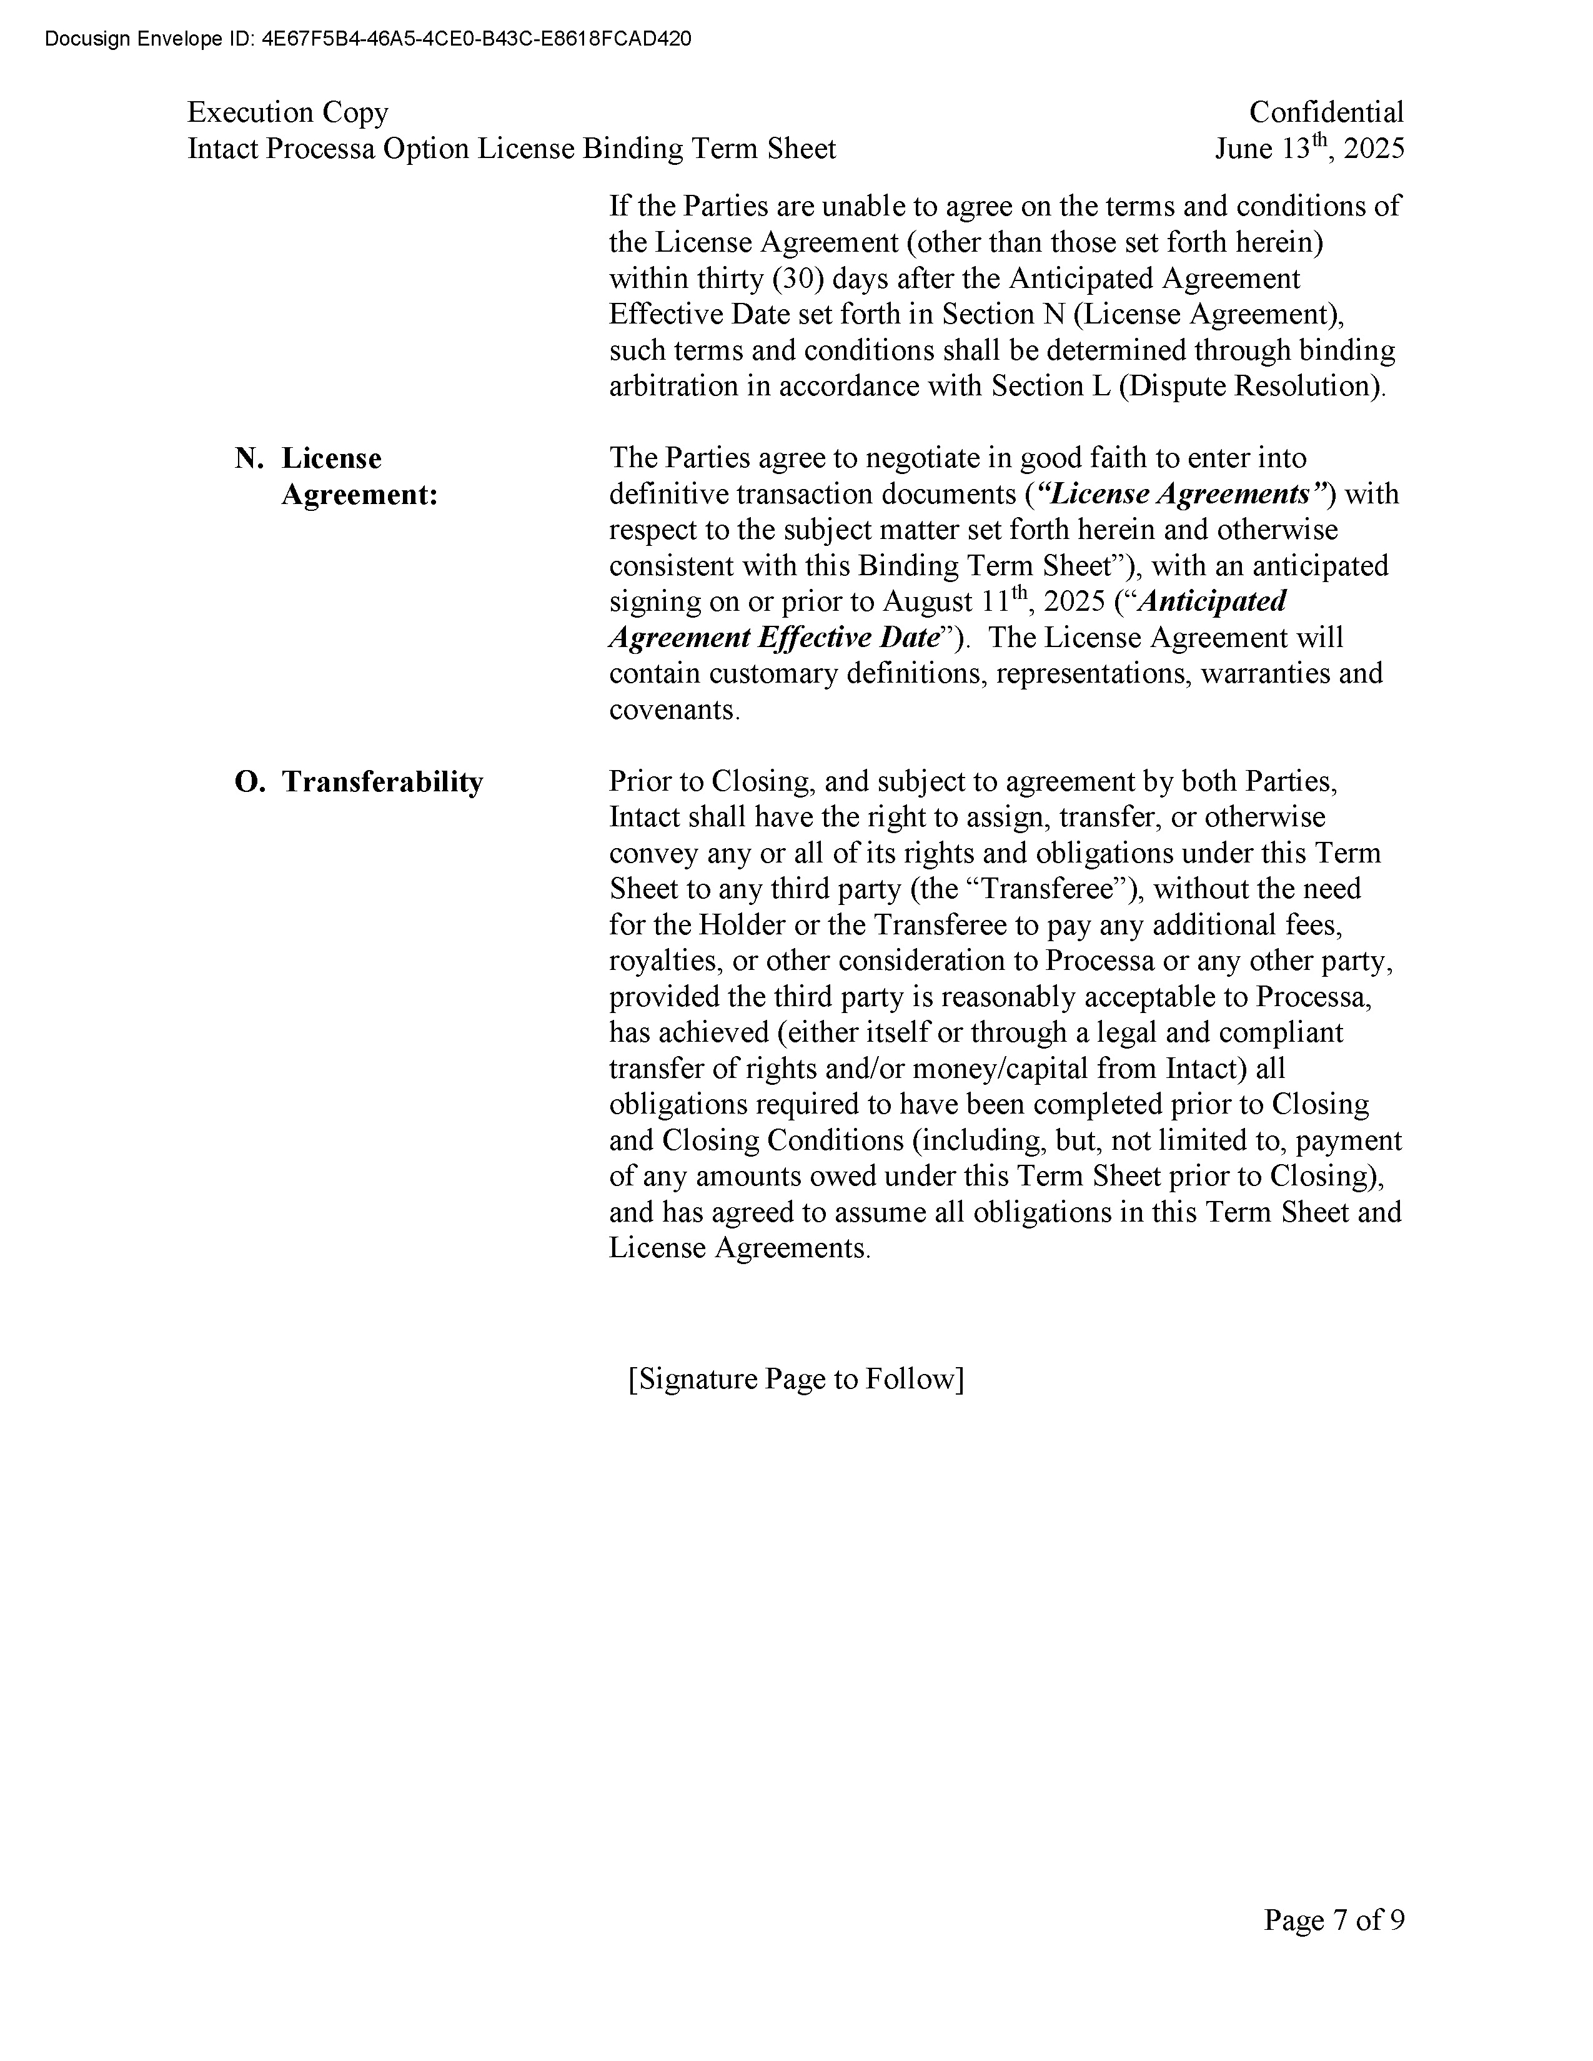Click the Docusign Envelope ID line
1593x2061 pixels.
[368, 39]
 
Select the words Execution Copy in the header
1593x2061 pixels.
[288, 112]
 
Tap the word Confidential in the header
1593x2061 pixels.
[1326, 112]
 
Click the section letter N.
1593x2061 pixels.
[248, 458]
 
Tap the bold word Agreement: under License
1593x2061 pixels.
[360, 495]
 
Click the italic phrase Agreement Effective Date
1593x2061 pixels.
[775, 638]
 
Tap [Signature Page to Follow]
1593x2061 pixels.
[795, 1379]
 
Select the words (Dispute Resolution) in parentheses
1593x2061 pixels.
[1249, 387]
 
